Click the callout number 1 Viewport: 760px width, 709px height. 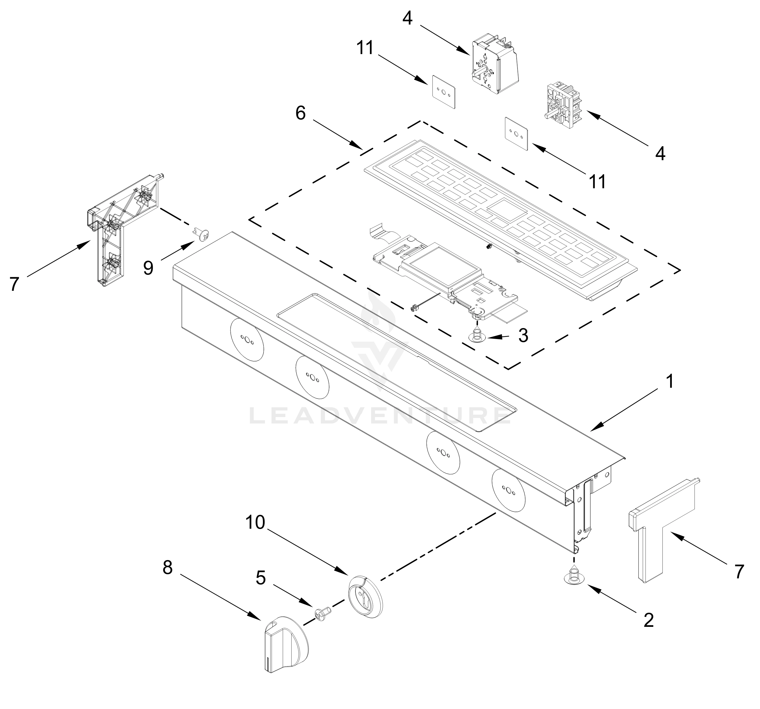(669, 381)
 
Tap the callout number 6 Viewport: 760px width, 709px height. (300, 113)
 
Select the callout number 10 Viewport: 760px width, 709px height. (255, 522)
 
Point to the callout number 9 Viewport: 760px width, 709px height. (148, 268)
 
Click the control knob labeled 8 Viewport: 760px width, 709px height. (284, 648)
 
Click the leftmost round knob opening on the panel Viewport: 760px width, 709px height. (247, 339)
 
